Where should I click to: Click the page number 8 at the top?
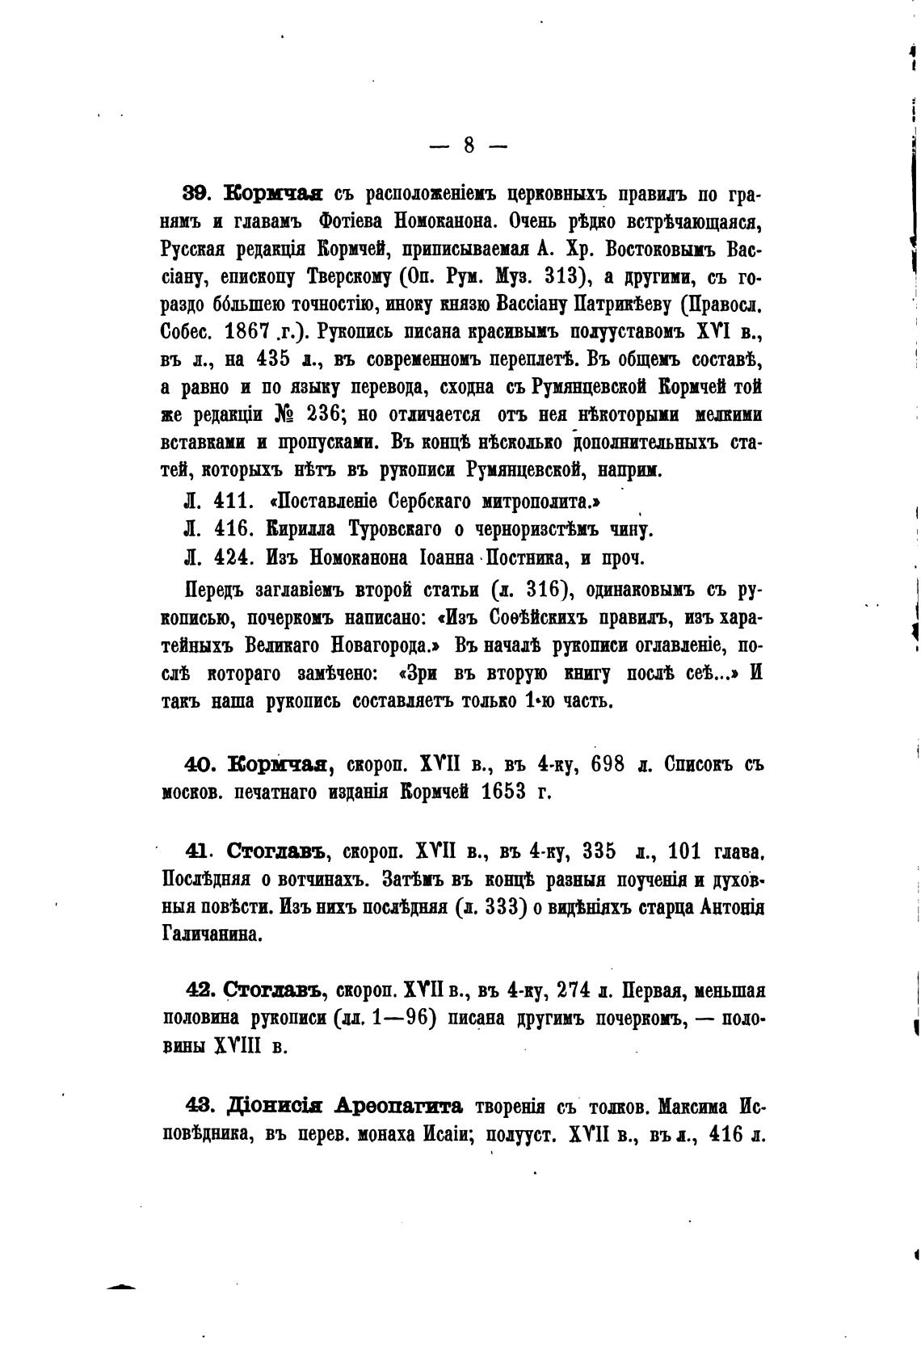469,145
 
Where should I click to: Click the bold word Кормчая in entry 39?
273,195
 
